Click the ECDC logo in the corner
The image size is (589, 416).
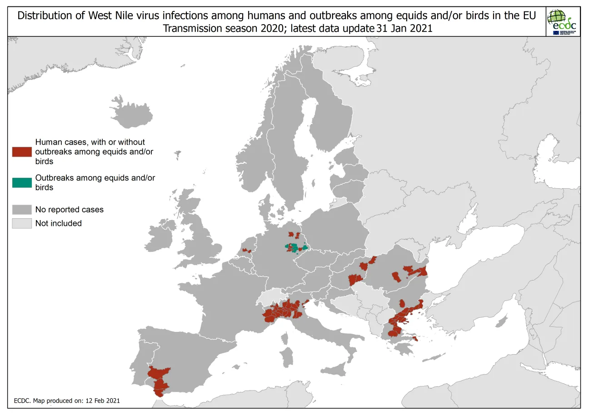562,21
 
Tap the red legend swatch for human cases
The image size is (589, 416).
22,152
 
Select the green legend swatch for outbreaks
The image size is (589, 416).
22,182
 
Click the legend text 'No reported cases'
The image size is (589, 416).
69,210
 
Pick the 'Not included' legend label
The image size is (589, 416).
58,223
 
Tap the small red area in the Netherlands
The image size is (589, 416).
246,251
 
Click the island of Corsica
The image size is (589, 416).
285,338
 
